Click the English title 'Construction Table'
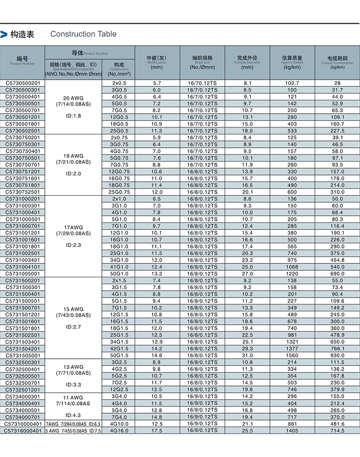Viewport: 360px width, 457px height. point(83,34)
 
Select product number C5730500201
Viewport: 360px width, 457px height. point(23,83)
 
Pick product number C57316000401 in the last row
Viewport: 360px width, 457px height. point(23,430)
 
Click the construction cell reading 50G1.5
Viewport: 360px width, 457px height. point(119,356)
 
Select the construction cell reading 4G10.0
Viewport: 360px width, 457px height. point(119,424)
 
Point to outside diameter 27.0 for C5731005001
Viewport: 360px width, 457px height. point(247,274)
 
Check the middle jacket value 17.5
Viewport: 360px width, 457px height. point(157,430)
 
